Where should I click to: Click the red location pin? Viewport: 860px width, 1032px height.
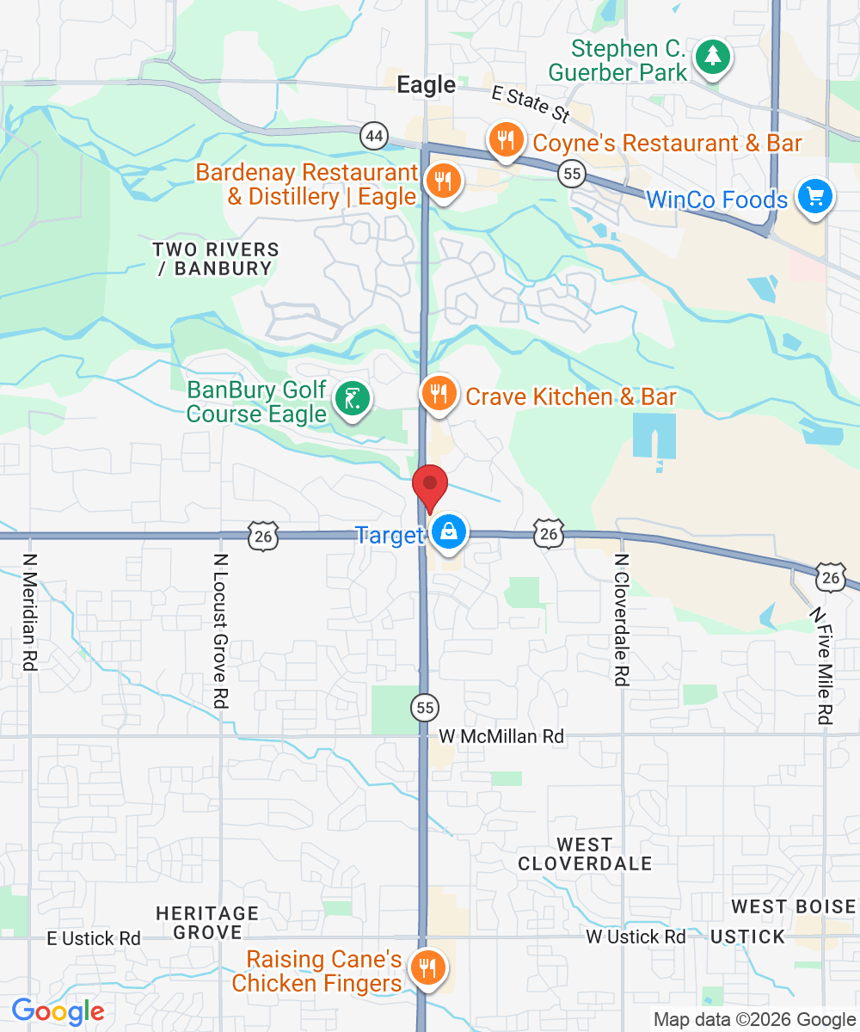pyautogui.click(x=430, y=486)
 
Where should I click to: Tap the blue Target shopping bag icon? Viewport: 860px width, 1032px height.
pyautogui.click(x=449, y=532)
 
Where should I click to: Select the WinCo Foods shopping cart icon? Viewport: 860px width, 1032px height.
pyautogui.click(x=813, y=197)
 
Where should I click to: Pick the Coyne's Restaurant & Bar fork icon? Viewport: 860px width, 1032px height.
pyautogui.click(x=505, y=139)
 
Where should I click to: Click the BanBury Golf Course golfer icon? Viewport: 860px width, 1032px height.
pyautogui.click(x=353, y=399)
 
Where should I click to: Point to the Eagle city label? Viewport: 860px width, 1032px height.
pyautogui.click(x=426, y=84)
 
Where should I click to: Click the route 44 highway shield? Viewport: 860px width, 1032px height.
pyautogui.click(x=373, y=136)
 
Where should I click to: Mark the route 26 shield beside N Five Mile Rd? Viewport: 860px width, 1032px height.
pyautogui.click(x=830, y=578)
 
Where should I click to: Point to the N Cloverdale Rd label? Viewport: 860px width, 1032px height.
pyautogui.click(x=621, y=619)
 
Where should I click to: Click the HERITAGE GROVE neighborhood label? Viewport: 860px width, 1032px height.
pyautogui.click(x=207, y=922)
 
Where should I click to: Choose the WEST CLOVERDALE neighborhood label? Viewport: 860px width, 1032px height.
pyautogui.click(x=585, y=854)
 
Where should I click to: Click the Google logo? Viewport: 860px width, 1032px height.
pyautogui.click(x=58, y=1011)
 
